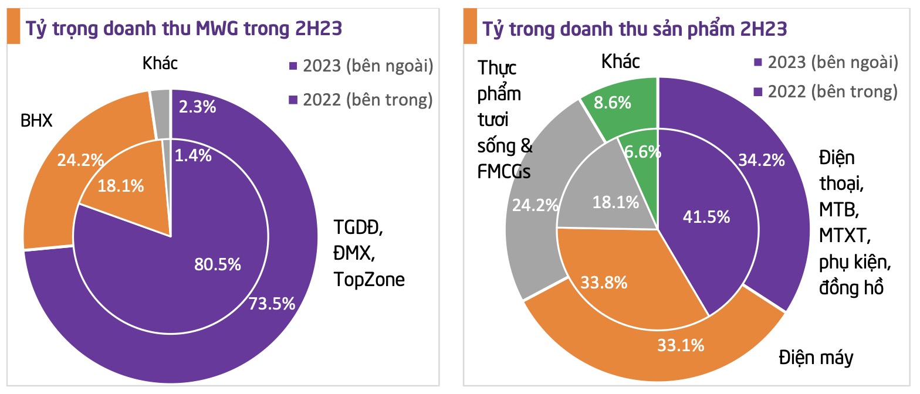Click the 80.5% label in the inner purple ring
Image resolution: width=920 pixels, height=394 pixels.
(x=218, y=264)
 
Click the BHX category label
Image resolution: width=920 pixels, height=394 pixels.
(x=36, y=121)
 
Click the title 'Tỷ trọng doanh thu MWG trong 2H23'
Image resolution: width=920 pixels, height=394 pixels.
(x=182, y=29)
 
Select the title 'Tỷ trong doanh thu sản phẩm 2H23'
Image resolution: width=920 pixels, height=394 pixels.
(x=634, y=29)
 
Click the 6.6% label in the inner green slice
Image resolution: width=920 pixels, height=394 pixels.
(x=642, y=152)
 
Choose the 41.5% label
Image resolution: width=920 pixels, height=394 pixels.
(x=706, y=216)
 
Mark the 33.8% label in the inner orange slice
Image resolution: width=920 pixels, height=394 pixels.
(x=604, y=283)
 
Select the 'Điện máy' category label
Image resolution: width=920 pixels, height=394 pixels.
(x=816, y=357)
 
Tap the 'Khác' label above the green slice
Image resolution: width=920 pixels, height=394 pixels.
(x=621, y=61)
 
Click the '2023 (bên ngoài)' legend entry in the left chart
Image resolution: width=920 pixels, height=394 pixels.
(x=361, y=66)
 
